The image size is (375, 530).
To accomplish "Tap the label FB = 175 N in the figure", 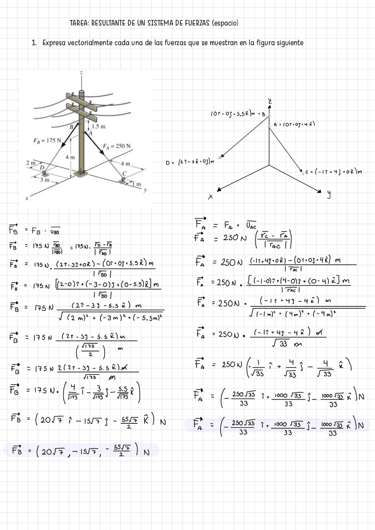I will pos(47,140).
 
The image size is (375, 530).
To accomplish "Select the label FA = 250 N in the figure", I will pos(117,146).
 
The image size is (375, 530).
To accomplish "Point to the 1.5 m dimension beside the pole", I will pos(98,127).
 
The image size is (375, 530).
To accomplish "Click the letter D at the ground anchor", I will pos(42,167).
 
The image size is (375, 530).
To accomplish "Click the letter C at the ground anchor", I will pos(124,173).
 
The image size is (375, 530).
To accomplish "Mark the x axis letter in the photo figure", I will pos(27,198).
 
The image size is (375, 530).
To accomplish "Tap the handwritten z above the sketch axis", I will pos(270,101).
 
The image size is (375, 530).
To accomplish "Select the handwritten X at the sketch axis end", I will pos(210,197).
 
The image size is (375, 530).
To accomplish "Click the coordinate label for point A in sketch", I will pos(294,124).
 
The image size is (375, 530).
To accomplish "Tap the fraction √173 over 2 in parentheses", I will pos(91,351).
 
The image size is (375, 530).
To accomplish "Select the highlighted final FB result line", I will pos(81,451).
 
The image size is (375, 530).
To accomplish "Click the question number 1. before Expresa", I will pos(34,43).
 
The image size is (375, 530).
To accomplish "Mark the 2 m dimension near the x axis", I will pos(30,163).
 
